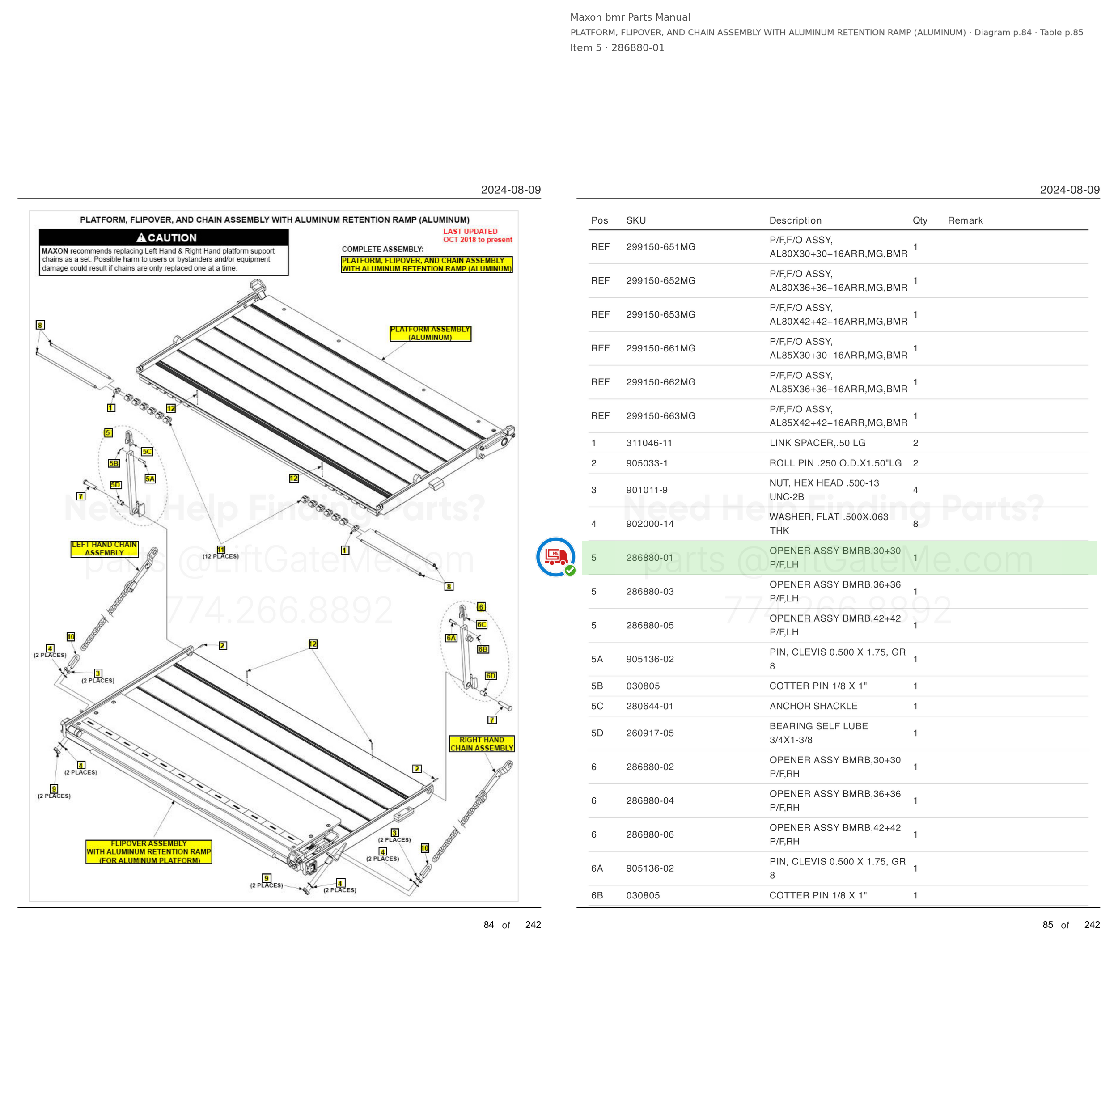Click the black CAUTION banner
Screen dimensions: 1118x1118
pyautogui.click(x=164, y=237)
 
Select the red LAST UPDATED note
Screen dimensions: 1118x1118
pyautogui.click(x=478, y=236)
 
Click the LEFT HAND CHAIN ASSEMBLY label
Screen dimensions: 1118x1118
pyautogui.click(x=104, y=549)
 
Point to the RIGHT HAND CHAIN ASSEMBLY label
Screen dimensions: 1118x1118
pyautogui.click(x=482, y=744)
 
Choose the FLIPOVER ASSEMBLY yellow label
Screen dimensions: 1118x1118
pyautogui.click(x=149, y=852)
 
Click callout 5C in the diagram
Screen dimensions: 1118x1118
pyautogui.click(x=147, y=451)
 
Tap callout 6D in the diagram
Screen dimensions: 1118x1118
pyautogui.click(x=491, y=676)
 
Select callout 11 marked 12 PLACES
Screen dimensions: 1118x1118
pyautogui.click(x=221, y=550)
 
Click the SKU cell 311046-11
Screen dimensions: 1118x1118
pyautogui.click(x=649, y=443)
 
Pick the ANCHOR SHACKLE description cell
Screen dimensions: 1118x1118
pyautogui.click(x=813, y=706)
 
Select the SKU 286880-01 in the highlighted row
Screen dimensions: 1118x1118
pyautogui.click(x=649, y=558)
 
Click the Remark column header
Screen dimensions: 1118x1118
pyautogui.click(x=965, y=220)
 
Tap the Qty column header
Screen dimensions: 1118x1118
pyautogui.click(x=920, y=220)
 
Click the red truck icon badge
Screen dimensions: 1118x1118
pyautogui.click(x=555, y=557)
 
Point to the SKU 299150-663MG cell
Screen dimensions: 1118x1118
pyautogui.click(x=660, y=416)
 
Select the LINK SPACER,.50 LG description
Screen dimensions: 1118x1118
pyautogui.click(x=817, y=443)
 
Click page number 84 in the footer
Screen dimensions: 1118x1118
pyautogui.click(x=488, y=925)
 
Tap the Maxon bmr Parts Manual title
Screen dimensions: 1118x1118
pyautogui.click(x=630, y=17)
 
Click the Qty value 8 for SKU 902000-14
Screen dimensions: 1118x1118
pyautogui.click(x=915, y=524)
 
